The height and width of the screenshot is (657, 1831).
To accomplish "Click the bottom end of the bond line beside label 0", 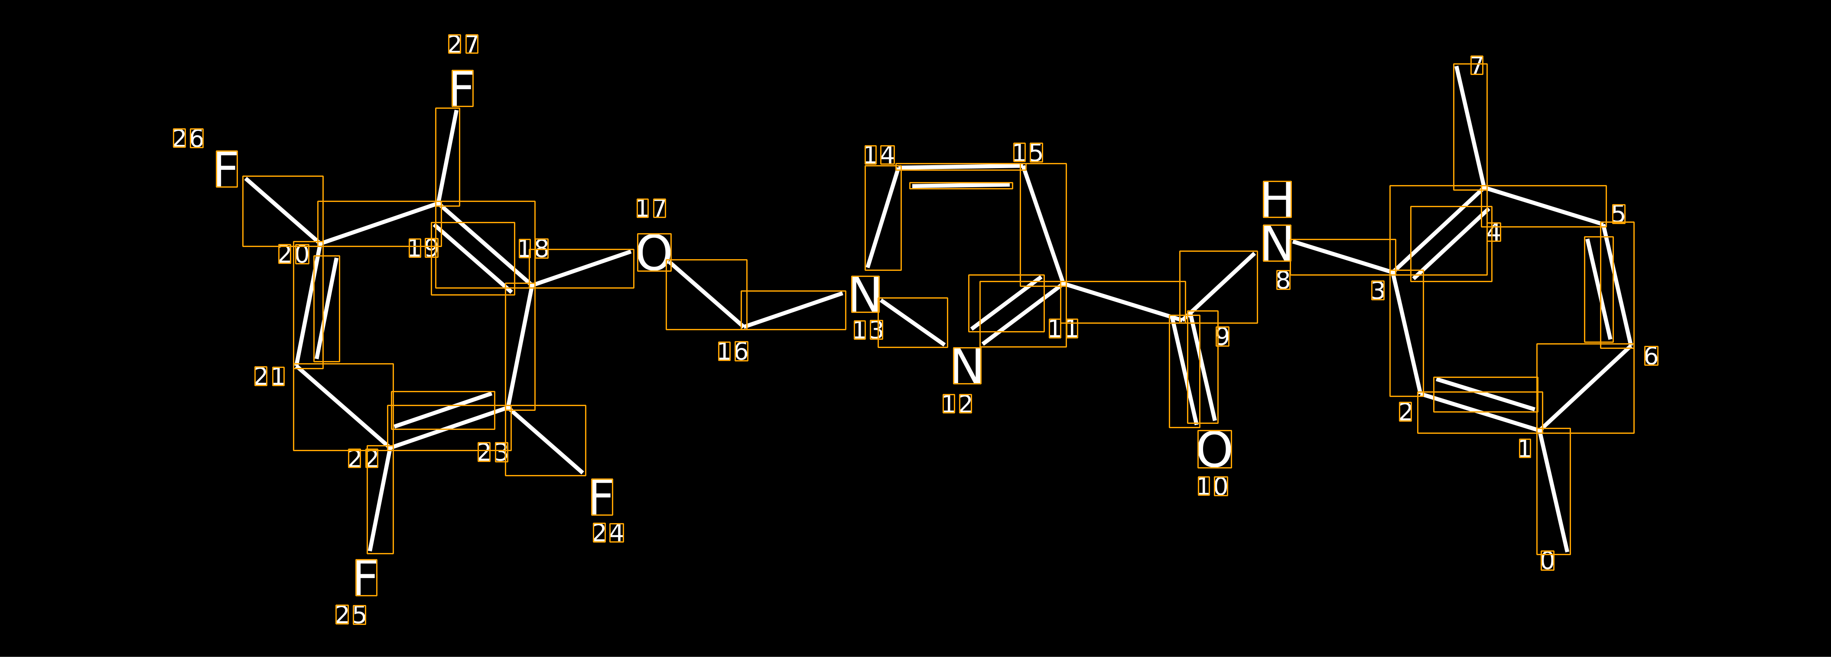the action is pos(1568,551).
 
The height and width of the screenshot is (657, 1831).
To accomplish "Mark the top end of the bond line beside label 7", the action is pos(1457,67).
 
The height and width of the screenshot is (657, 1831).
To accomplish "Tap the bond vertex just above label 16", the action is pos(744,327).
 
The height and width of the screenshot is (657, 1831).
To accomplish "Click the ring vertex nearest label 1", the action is pos(1540,430).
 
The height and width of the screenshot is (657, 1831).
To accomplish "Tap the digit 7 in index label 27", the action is pos(471,44).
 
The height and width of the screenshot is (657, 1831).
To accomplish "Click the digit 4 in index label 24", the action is pos(616,533).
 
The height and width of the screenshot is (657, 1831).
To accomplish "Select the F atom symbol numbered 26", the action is pos(227,169).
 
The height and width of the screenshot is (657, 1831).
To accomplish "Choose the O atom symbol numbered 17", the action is pos(654,252).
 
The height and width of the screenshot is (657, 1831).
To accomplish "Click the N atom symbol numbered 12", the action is pos(967,365).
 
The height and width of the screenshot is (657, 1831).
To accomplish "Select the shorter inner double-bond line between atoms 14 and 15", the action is pos(961,185).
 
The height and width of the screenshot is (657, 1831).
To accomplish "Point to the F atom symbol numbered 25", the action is pos(366,577).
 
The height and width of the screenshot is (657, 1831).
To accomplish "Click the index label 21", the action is pos(270,376).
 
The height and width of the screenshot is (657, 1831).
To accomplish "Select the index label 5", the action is pos(1619,214).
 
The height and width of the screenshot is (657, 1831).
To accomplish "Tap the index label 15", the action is pos(1028,153).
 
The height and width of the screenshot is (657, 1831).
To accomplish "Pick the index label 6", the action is pos(1651,355).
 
